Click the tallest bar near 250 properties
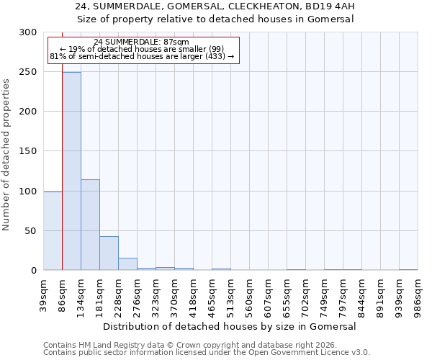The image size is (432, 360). (71, 171)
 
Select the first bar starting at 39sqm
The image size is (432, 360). (53, 231)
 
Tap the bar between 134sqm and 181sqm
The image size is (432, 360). (90, 225)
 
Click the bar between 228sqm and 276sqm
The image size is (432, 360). (127, 264)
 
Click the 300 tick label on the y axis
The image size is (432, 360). (28, 32)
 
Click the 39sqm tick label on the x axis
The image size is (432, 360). (44, 294)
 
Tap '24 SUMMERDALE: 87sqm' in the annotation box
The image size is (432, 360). (141, 42)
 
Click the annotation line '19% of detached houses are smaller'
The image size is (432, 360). (141, 49)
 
